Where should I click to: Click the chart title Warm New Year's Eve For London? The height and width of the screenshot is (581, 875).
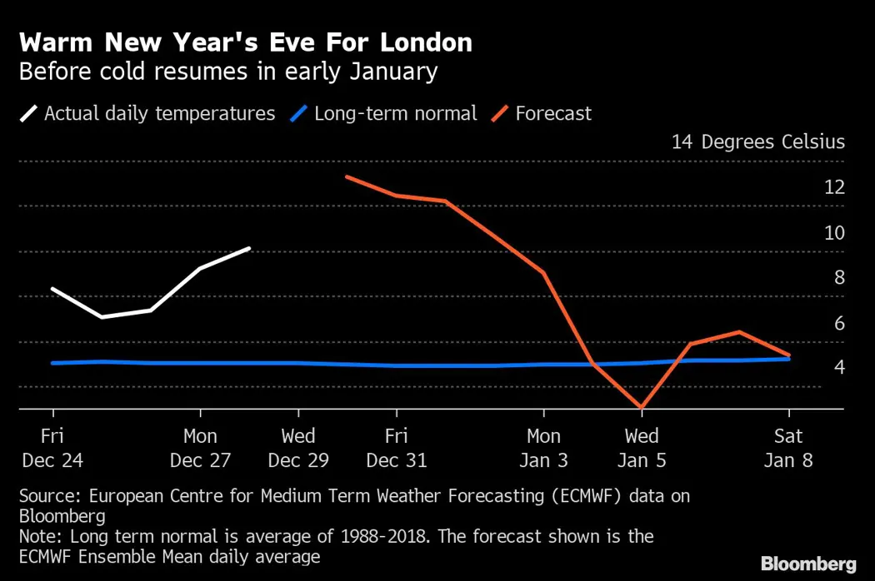pos(245,42)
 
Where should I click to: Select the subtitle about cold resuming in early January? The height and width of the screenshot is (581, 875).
pos(227,72)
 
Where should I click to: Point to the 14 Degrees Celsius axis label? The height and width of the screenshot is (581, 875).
pos(757,142)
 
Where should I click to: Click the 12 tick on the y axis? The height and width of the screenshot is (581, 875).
pos(834,187)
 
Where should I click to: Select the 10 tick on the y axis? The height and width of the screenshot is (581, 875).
pos(834,232)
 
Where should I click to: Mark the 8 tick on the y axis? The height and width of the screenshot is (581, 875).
pos(839,277)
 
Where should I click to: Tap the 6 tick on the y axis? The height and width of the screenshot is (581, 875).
pos(839,323)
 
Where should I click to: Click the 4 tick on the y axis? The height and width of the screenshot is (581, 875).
pos(839,368)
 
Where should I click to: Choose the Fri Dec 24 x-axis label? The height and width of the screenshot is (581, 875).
pos(53,448)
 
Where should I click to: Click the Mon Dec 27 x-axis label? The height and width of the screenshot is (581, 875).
pos(200,448)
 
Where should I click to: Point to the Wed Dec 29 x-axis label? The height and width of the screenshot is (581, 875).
pos(298,448)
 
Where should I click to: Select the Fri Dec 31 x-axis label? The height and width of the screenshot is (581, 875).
pos(397,448)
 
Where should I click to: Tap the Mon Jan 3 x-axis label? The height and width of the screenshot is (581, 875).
pos(543,448)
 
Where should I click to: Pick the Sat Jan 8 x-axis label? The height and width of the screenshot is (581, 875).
pos(788,448)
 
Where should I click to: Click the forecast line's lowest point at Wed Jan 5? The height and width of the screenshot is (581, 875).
pos(642,408)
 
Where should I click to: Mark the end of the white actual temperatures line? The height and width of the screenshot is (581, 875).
pos(249,248)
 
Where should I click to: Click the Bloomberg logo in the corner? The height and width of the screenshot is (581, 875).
pos(808,564)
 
